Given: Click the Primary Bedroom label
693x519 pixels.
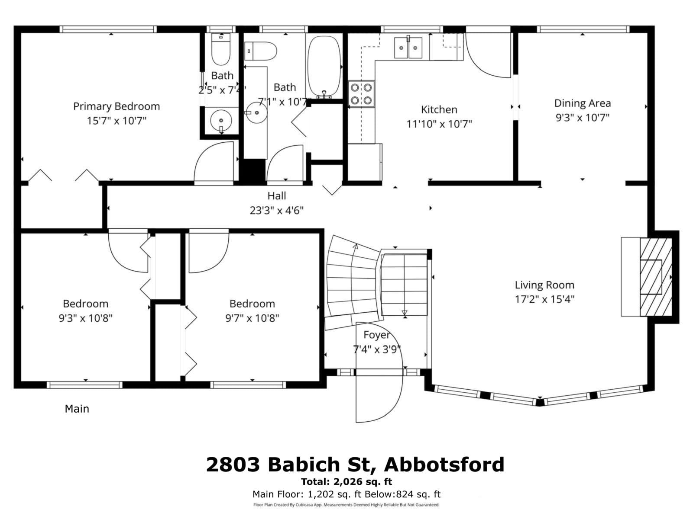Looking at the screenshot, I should (116, 106).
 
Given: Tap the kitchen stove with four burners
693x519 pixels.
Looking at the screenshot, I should (361, 94).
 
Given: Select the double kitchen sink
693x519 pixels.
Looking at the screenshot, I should (408, 48).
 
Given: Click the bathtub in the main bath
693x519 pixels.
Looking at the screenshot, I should (324, 66).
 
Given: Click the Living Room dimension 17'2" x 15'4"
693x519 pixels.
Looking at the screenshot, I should (544, 299).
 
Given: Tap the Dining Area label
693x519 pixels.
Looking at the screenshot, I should (582, 103).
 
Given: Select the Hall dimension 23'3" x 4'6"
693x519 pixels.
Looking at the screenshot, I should (276, 211).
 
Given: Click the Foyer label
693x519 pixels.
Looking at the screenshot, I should (376, 335).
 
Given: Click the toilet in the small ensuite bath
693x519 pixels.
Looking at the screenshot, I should (221, 49).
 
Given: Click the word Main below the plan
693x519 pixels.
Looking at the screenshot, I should (77, 409).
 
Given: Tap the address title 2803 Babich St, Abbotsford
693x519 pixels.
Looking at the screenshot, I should (355, 465).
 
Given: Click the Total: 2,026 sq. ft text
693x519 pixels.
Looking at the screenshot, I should (346, 481).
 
